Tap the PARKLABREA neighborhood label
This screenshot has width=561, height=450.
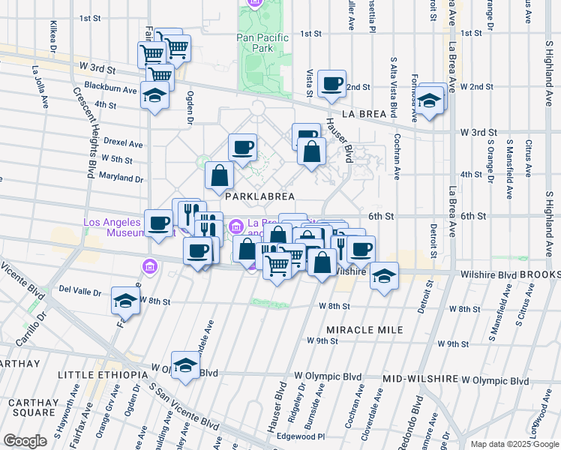(257, 196)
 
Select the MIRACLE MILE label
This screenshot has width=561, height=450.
(364, 330)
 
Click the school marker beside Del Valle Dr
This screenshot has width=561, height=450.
(125, 301)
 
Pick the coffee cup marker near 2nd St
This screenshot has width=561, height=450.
(331, 84)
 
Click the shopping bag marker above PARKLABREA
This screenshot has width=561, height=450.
(220, 175)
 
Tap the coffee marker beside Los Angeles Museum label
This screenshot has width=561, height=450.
(159, 223)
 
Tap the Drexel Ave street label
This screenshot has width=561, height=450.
(123, 143)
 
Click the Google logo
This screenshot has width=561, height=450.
(25, 441)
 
